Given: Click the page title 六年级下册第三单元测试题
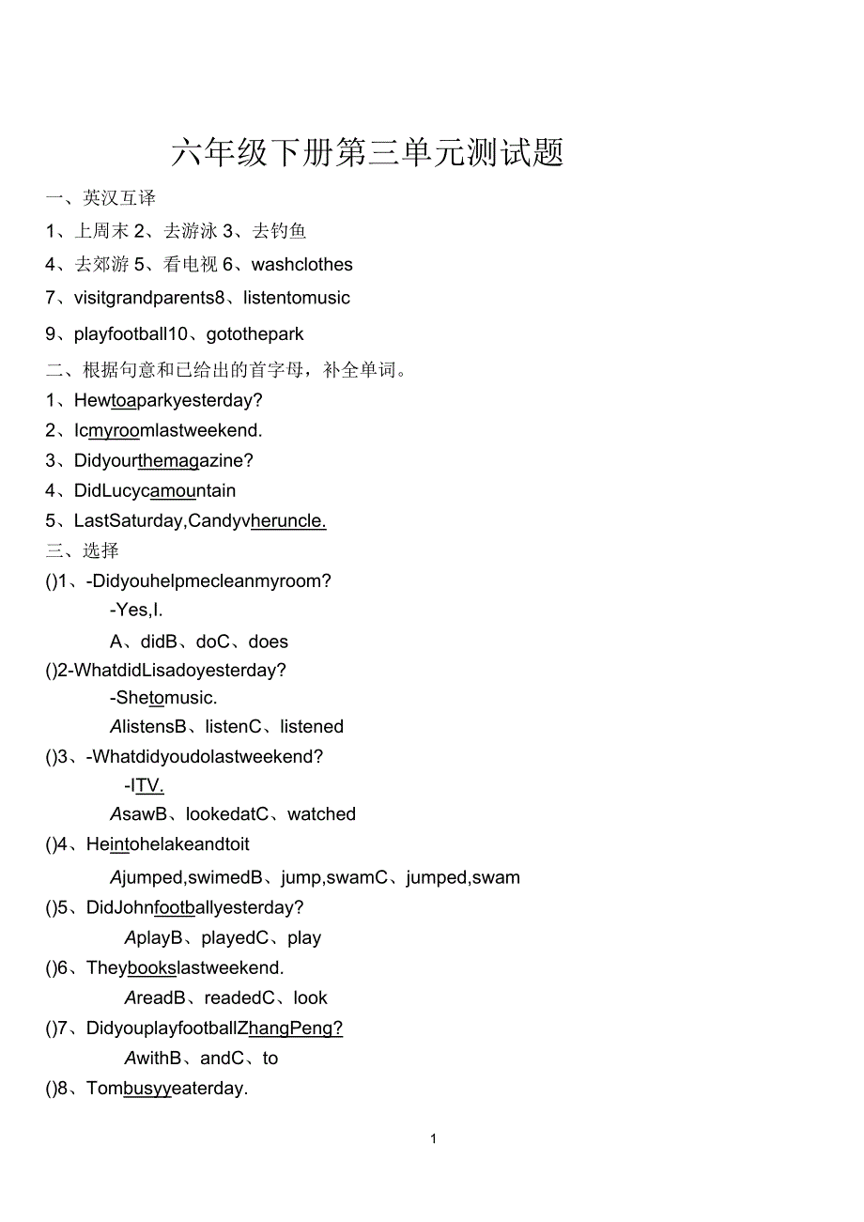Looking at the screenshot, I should point(367,153).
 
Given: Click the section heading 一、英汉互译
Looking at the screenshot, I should point(100,198).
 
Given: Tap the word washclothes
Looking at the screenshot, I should point(302,265).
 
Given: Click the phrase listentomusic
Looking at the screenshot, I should point(297,299).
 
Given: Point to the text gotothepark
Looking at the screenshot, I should point(255,334).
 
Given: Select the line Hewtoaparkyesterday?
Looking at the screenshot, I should point(168,401).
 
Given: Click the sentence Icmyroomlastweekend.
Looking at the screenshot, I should point(168,431).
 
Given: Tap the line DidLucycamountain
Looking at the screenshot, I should point(155,491).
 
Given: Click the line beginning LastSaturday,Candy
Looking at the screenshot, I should point(200,521).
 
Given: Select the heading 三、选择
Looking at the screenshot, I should point(83,550).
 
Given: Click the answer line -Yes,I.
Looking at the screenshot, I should point(136,611).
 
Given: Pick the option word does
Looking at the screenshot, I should point(269,642).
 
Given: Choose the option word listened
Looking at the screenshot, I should point(312,727).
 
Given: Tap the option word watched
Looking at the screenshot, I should point(322,814).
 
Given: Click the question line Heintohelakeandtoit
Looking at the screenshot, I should point(168,845).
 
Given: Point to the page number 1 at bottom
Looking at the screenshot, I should point(433,1139).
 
